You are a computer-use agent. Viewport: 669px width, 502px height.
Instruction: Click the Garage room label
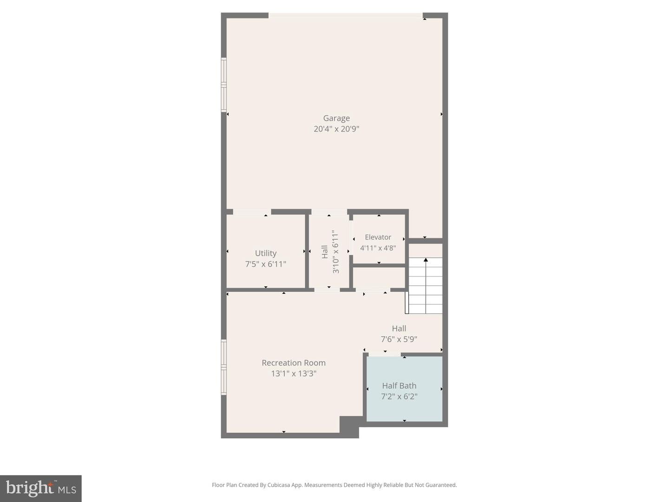coord(336,118)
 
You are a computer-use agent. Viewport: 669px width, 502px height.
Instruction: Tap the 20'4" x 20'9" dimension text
coord(336,129)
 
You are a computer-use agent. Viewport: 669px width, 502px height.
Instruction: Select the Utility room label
coord(265,253)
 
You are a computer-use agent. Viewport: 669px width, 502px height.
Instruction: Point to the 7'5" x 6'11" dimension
coord(265,264)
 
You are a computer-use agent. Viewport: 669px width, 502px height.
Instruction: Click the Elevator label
coord(378,237)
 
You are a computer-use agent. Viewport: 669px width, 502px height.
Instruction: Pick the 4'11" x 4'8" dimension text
coord(378,248)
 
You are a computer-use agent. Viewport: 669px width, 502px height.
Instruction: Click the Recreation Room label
coord(294,363)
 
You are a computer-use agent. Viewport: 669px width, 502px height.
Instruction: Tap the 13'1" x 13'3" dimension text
coord(294,373)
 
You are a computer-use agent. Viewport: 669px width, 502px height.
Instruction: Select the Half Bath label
coord(399,385)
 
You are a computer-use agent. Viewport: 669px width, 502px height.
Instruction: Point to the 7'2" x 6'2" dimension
coord(399,396)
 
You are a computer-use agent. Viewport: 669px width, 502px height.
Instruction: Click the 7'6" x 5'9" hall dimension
coord(399,339)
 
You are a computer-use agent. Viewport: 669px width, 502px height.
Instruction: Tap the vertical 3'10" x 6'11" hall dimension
coord(335,251)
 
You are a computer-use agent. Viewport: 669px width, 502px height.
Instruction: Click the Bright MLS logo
coord(41,488)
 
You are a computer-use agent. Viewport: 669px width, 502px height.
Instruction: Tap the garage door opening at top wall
coord(346,16)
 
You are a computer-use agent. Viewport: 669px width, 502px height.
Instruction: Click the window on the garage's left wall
coord(223,85)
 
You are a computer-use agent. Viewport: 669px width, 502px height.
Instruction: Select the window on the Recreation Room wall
coord(223,367)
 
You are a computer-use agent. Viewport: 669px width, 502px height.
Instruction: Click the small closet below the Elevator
coord(379,277)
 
